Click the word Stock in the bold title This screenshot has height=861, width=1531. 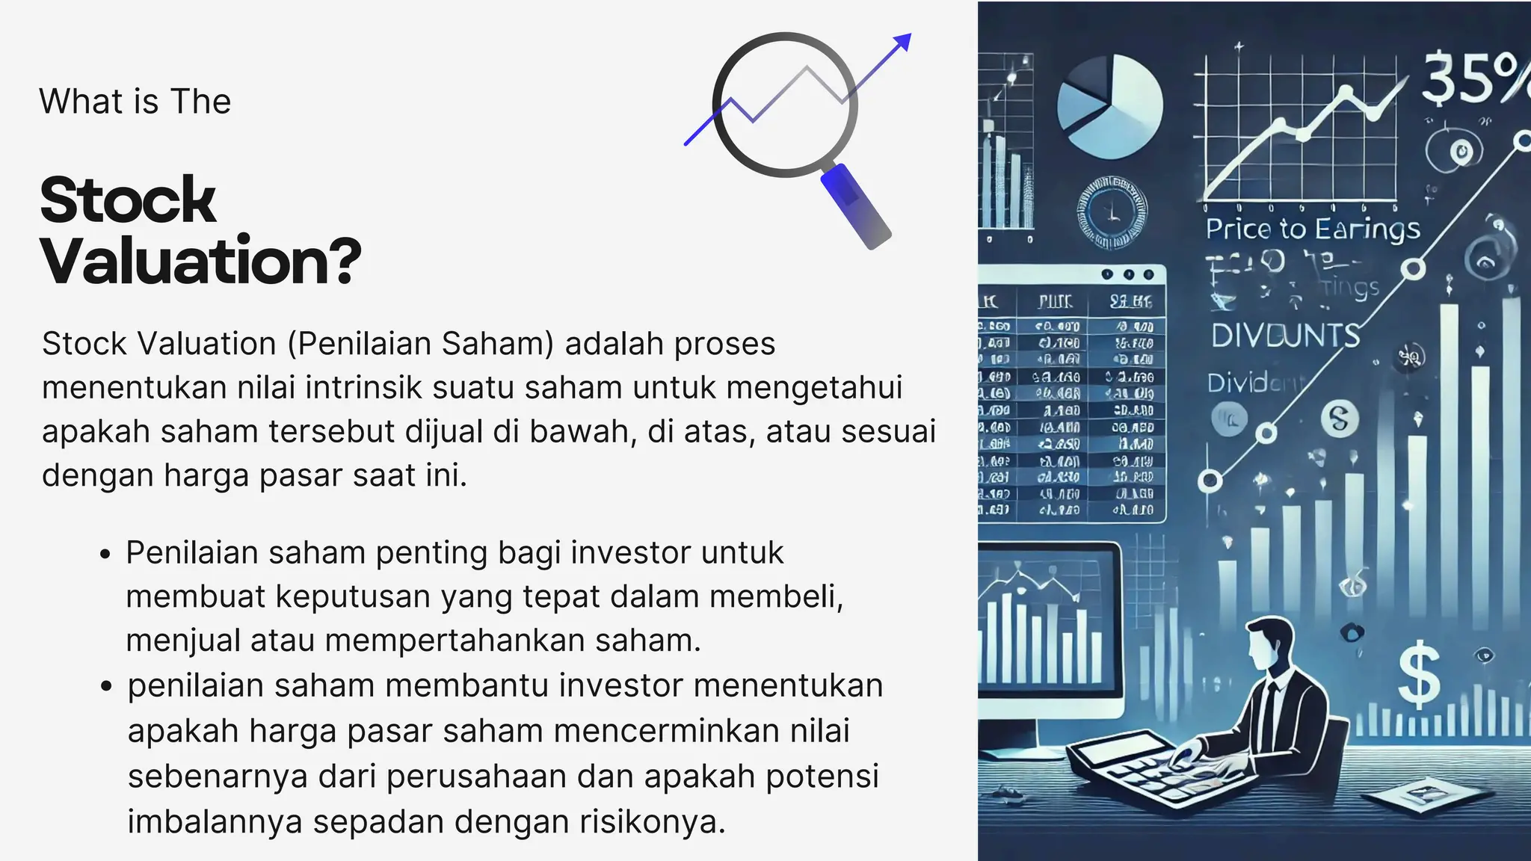pyautogui.click(x=128, y=200)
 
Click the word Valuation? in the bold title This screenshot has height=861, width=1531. pyautogui.click(x=200, y=262)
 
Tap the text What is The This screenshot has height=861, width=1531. pyautogui.click(x=135, y=102)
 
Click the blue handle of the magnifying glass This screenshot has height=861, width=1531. pyautogui.click(x=856, y=206)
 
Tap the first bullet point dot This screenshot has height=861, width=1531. pyautogui.click(x=105, y=555)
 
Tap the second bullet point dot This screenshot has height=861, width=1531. pyautogui.click(x=105, y=687)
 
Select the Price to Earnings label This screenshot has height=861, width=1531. pyautogui.click(x=1313, y=229)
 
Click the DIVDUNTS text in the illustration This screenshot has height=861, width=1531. pyautogui.click(x=1285, y=336)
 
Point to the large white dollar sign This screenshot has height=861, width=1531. pyautogui.click(x=1418, y=676)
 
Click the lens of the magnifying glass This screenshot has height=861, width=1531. pyautogui.click(x=784, y=105)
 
